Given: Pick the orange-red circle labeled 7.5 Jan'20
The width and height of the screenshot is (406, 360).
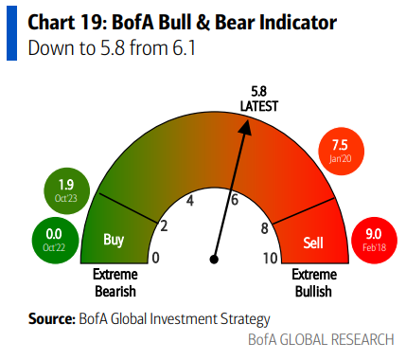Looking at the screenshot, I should (341, 151).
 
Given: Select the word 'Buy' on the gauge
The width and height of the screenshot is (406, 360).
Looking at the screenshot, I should (114, 241).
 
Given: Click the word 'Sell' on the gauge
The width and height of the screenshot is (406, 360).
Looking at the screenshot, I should (312, 241).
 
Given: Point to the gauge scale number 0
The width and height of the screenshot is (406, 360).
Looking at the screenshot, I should (155, 258).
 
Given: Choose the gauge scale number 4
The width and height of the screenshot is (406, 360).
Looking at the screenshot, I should (190, 201).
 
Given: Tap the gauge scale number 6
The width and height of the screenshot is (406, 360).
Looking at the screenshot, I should (234, 200).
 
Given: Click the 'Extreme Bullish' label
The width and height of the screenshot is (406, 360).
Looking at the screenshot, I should (311, 281).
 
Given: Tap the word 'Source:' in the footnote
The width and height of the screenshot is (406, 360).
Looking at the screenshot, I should (52, 319).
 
